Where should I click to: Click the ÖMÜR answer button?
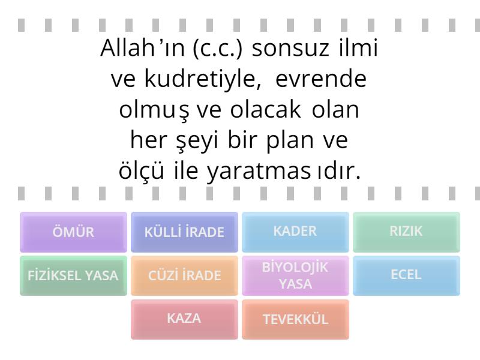coord(73,232)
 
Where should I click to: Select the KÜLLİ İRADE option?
coord(184,232)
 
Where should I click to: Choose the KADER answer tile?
coord(295,232)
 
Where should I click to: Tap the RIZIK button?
coord(406,232)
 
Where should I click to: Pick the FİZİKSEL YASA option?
coord(73,275)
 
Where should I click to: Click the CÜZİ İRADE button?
coord(184,275)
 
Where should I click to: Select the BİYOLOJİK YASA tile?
coord(295,275)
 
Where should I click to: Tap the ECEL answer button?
coord(406,275)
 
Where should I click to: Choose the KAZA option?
coord(184,319)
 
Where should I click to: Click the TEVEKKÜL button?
coord(295,319)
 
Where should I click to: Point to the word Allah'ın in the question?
coord(143,48)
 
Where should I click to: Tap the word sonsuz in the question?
coord(290,49)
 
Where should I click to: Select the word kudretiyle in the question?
coord(203,79)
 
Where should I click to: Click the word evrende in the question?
coord(321,79)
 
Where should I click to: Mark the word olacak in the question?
coord(265,110)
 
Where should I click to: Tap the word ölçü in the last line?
coord(141,170)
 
